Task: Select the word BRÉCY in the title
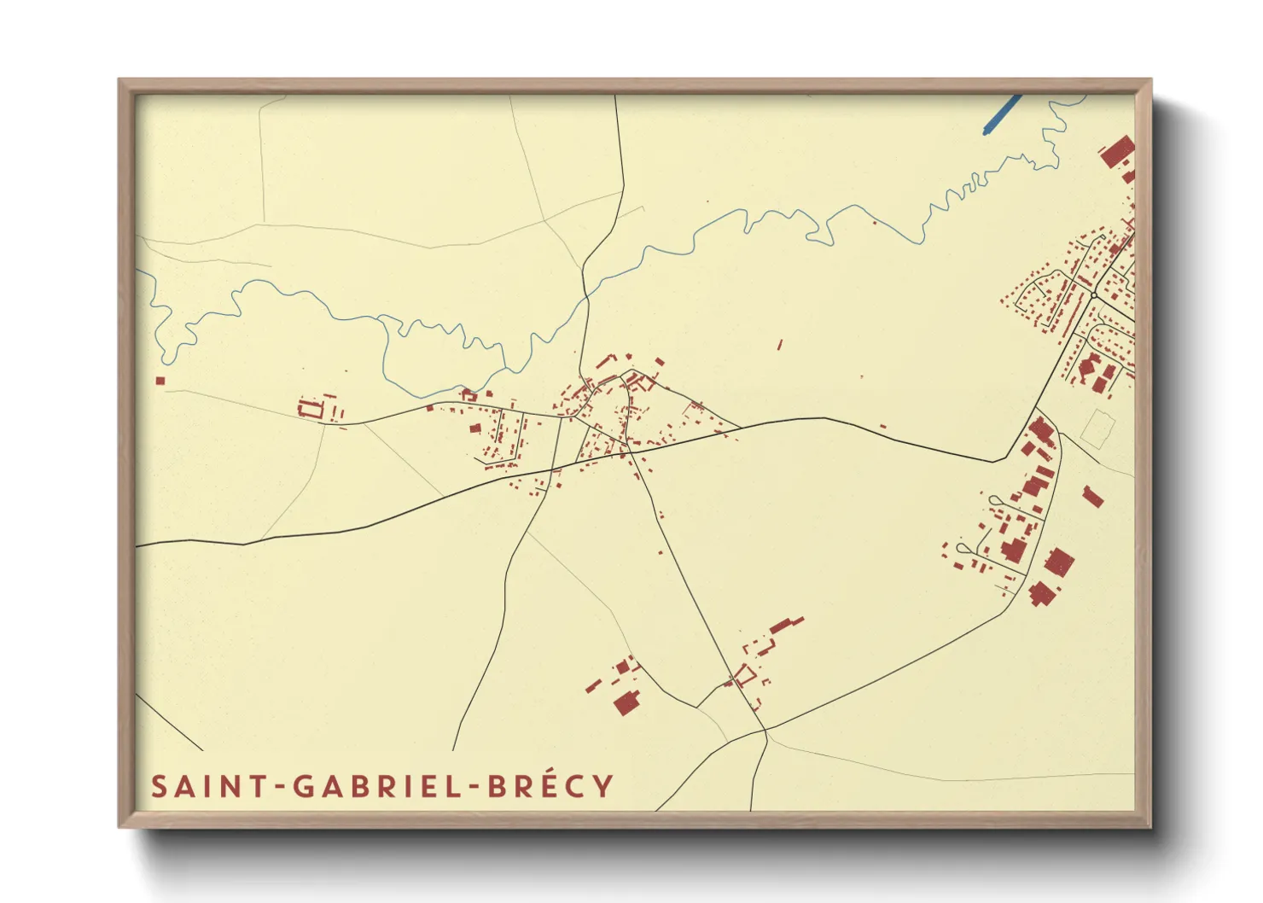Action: [550, 786]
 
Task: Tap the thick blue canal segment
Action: [1002, 114]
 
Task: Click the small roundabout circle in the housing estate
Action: [1094, 295]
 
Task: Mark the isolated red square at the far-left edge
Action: [160, 381]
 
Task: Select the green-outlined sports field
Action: [1098, 428]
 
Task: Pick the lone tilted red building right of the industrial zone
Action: [1092, 496]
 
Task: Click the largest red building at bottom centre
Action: [627, 703]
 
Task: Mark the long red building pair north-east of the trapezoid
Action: [787, 626]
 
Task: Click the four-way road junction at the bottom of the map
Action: [765, 731]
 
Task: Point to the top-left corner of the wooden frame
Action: [119, 80]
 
